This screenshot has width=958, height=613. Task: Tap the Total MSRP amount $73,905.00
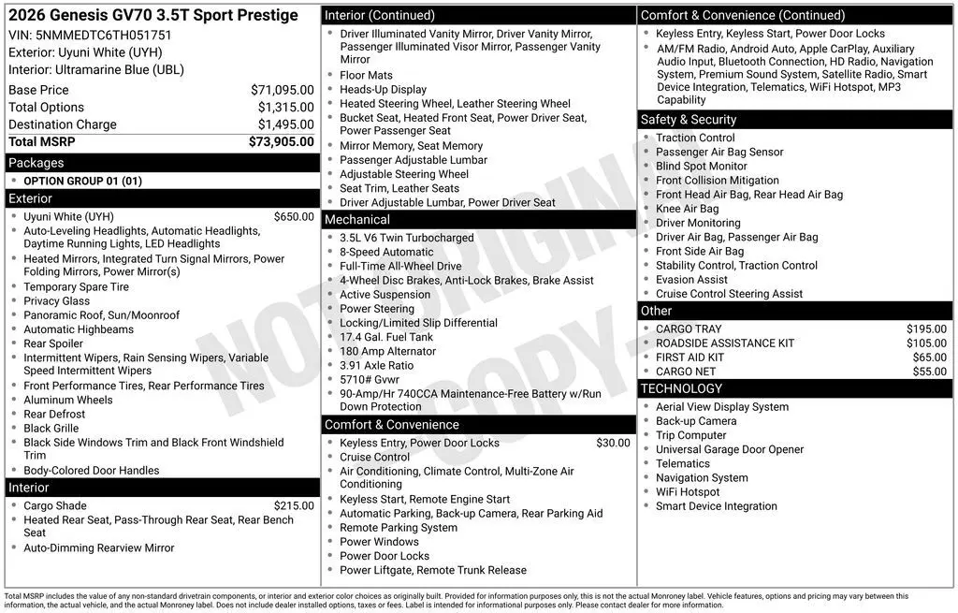point(281,142)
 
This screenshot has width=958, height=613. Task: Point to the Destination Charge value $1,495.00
point(285,124)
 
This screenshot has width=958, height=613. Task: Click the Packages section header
point(36,163)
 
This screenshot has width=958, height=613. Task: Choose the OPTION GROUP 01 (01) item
point(82,181)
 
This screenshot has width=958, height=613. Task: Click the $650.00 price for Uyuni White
point(294,216)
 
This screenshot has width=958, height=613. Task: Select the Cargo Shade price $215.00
point(294,505)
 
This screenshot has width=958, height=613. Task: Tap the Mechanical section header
point(356,219)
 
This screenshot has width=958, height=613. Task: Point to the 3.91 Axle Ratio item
point(376,365)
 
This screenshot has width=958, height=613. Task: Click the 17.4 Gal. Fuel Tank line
point(386,337)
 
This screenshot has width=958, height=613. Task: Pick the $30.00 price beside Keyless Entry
point(613,443)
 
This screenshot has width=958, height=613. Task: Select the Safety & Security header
point(688,119)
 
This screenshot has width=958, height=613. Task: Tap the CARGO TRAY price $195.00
point(926,328)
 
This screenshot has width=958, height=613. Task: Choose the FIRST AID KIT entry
point(689,357)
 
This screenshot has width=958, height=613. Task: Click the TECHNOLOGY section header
point(681,388)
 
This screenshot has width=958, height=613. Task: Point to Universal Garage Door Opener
point(729,449)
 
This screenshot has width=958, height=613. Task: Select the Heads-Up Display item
point(383,90)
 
